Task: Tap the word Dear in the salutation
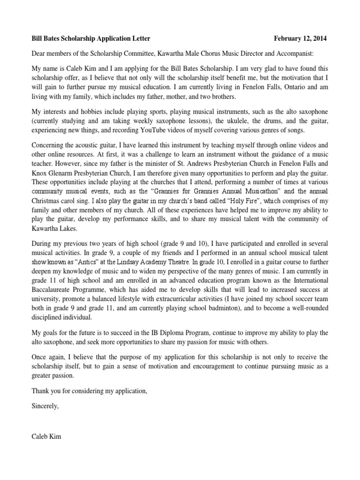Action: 40,53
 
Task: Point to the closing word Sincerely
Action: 45,406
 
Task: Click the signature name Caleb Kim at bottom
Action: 46,437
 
